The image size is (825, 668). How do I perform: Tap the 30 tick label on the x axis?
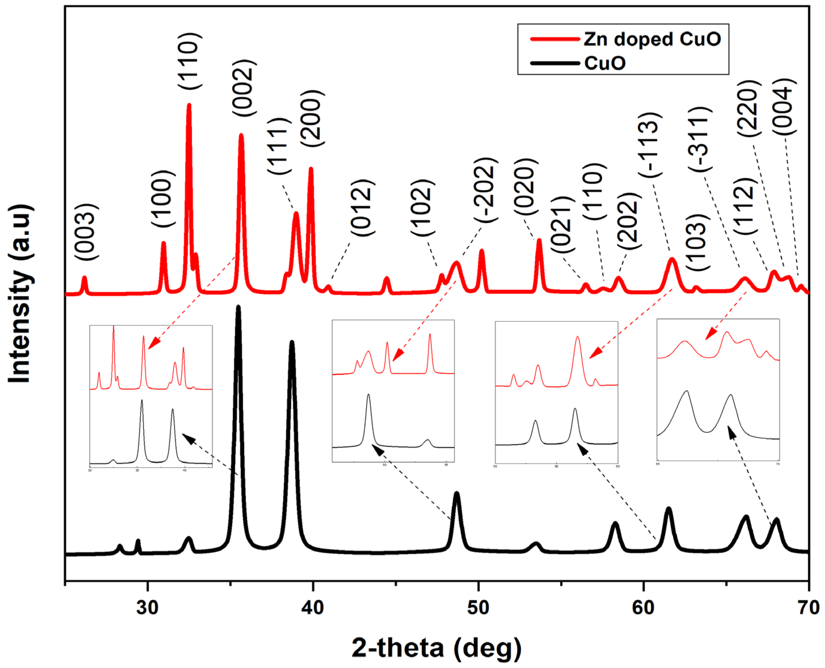[148, 608]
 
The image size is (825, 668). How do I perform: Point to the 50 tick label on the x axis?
[478, 608]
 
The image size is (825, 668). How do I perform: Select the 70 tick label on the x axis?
[808, 608]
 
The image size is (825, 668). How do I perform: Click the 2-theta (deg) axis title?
[436, 648]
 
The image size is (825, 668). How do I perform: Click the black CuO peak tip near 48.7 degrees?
[456, 494]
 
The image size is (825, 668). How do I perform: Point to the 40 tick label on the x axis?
[313, 608]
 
